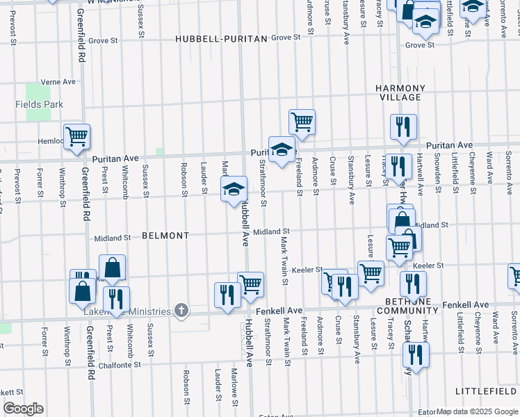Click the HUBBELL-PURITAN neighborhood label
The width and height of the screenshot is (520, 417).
pos(221,39)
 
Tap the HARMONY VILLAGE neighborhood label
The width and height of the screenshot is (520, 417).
pos(400,92)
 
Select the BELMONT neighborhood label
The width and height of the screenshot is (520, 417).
pos(165,236)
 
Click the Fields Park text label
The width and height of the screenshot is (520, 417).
pos(39,104)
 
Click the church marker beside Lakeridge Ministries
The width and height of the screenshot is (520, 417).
pos(181,310)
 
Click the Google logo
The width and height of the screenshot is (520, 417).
pos(24,409)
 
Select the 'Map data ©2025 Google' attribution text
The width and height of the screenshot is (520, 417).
pos(477,411)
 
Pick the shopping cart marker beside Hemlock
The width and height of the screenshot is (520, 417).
pos(76,136)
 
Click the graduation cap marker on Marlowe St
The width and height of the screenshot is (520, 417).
pos(234,188)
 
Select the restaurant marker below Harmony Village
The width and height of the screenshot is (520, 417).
pos(403,126)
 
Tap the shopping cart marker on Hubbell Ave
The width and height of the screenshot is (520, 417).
pos(250,284)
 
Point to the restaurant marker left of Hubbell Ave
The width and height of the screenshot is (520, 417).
pos(227,295)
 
